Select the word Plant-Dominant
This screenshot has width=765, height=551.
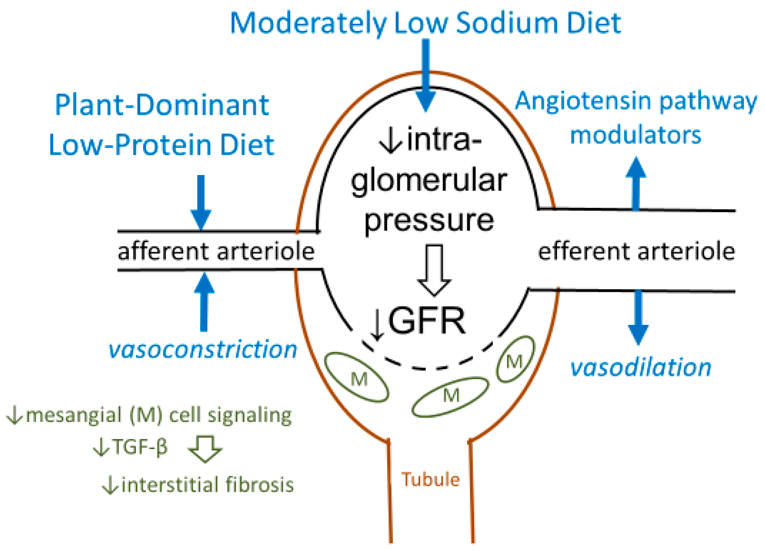click(x=162, y=105)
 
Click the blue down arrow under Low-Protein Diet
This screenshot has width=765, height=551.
click(x=201, y=202)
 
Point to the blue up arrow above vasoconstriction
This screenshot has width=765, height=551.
click(x=204, y=302)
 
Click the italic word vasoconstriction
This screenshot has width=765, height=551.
click(x=203, y=350)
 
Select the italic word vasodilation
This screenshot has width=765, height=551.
click(x=641, y=367)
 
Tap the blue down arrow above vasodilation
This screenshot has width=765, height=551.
click(x=638, y=317)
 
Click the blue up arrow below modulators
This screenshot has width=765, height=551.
click(x=636, y=184)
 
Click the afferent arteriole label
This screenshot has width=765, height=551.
click(x=216, y=252)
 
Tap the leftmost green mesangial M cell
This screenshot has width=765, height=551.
click(x=357, y=378)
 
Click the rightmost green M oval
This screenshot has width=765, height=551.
click(x=516, y=359)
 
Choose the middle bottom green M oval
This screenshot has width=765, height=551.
click(x=450, y=397)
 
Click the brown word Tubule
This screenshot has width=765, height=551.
click(x=430, y=480)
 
